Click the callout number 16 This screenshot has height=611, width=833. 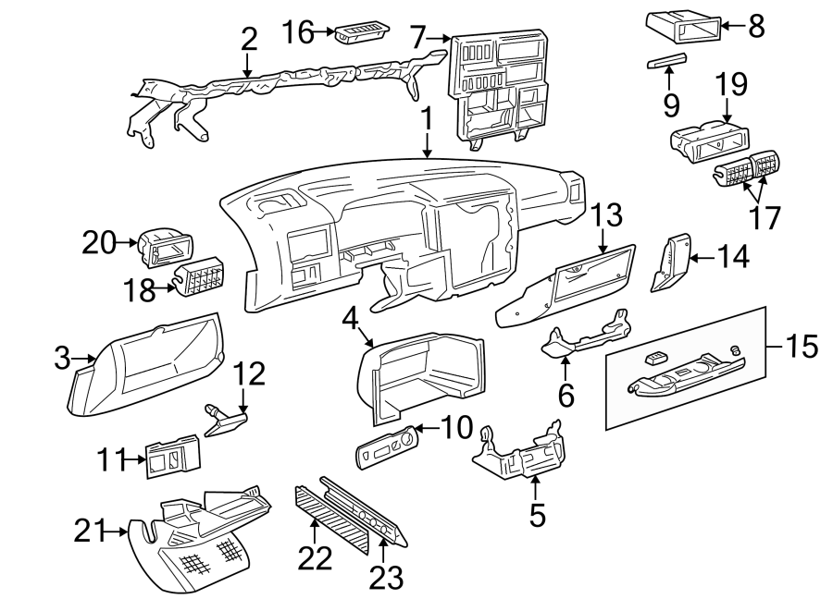point(299,33)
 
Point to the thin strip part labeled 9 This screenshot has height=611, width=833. point(666,61)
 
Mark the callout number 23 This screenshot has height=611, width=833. point(386,578)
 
